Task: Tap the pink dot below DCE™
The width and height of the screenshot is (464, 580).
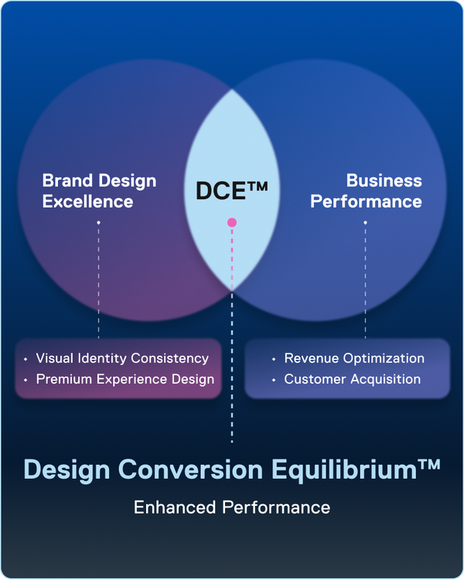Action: click(x=232, y=222)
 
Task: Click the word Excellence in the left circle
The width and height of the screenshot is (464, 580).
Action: click(x=88, y=202)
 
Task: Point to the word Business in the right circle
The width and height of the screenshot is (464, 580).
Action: click(x=384, y=181)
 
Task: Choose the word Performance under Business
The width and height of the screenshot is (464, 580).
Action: click(x=366, y=202)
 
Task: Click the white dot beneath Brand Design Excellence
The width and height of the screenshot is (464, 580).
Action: click(x=98, y=222)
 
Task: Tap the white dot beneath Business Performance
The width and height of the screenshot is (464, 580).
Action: click(x=365, y=222)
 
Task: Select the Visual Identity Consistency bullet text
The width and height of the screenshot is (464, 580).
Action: click(x=122, y=358)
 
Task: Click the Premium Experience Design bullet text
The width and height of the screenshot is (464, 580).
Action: click(x=125, y=379)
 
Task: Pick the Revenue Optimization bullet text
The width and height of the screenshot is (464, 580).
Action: click(x=354, y=358)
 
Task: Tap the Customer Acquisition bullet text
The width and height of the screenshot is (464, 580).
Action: click(x=352, y=379)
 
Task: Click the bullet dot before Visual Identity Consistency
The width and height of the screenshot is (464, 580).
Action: click(x=26, y=359)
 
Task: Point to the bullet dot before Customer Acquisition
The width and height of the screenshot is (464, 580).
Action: click(x=274, y=380)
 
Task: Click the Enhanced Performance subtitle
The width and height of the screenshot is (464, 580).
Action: click(x=232, y=507)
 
